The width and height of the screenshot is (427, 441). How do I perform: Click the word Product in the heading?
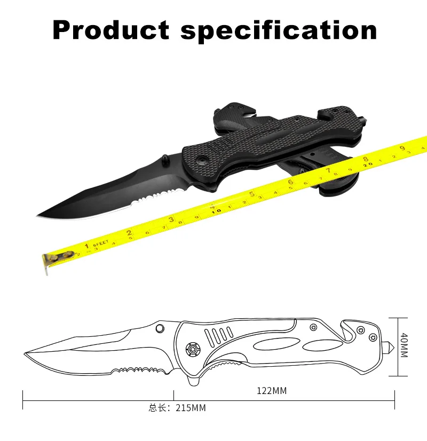(111, 30)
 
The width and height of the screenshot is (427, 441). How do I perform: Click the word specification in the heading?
(279, 31)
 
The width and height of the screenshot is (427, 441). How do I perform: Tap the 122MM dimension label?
(272, 391)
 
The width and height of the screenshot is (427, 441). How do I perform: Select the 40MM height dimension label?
(404, 345)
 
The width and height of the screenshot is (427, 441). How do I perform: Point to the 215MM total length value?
(191, 408)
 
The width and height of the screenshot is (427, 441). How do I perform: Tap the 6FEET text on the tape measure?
(101, 243)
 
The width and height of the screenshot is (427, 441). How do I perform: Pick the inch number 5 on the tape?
(252, 193)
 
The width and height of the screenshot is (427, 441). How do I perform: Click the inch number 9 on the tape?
(402, 148)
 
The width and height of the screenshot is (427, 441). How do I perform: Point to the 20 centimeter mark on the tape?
(368, 164)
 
